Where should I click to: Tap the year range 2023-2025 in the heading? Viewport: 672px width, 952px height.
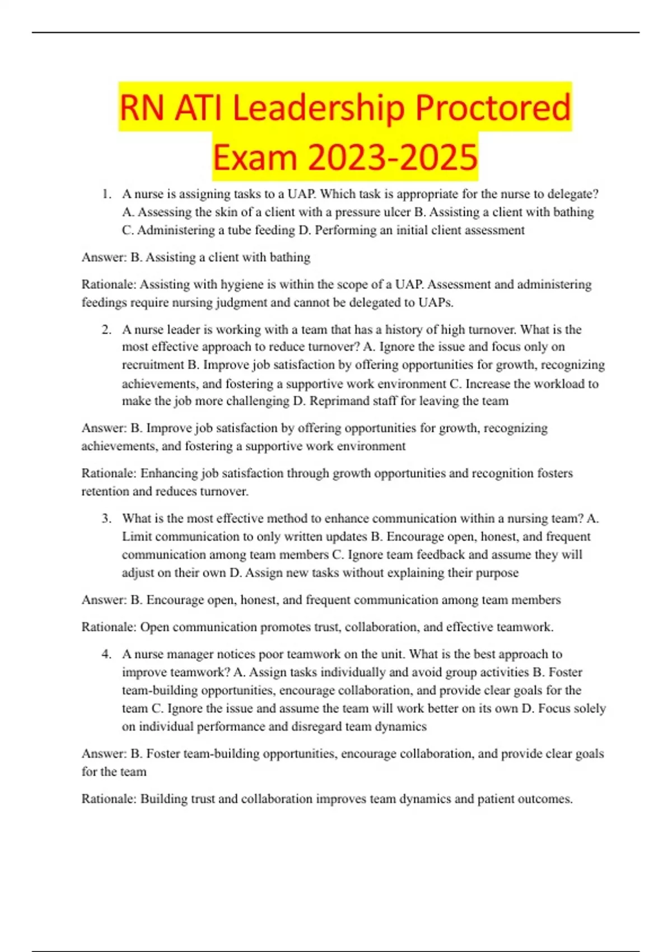[393, 157]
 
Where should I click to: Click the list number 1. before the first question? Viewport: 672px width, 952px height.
[107, 194]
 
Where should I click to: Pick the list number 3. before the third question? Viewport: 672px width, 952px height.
[107, 519]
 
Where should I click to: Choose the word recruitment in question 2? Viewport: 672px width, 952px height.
[153, 365]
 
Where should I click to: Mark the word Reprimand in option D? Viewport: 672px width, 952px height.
[337, 401]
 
